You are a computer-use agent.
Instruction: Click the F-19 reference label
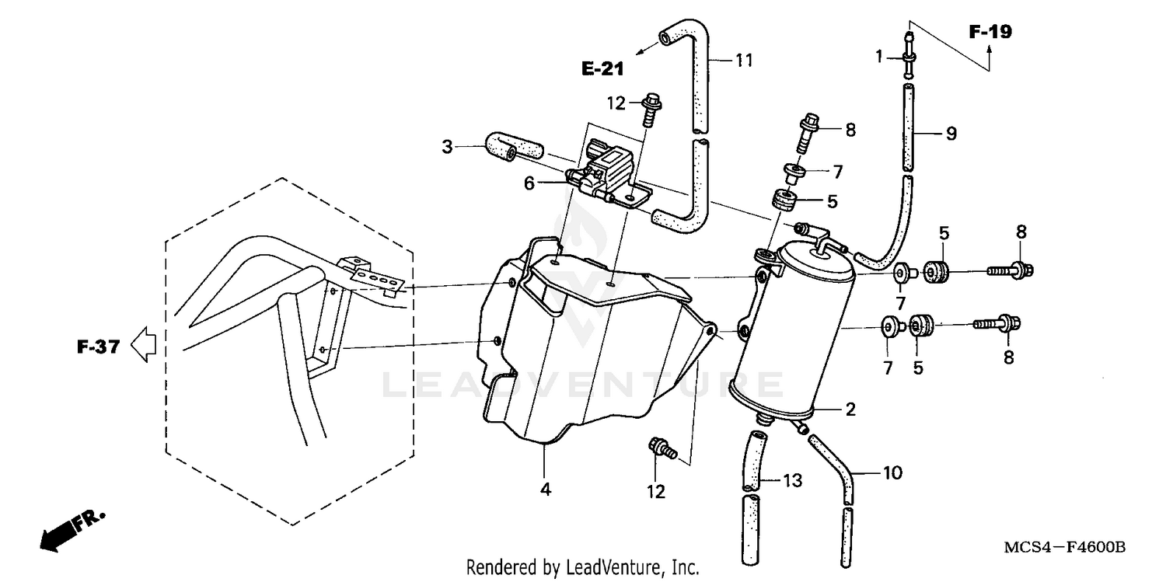pos(990,33)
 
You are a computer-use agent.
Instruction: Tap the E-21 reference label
pos(602,69)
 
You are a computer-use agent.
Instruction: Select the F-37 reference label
pos(98,347)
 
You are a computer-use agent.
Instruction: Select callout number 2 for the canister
pos(850,409)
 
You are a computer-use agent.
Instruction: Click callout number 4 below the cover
pos(546,490)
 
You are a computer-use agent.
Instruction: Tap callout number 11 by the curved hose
pos(744,60)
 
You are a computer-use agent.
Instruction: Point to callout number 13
pos(791,483)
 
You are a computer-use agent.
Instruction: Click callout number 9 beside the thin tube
pos(929,134)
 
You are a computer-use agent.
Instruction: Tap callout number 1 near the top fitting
pos(879,56)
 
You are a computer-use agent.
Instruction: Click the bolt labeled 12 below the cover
pos(661,448)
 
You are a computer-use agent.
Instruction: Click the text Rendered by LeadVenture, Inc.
pos(582,567)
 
